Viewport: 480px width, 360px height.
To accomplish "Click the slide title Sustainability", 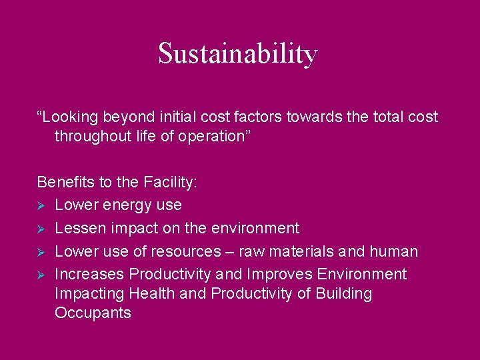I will pyautogui.click(x=238, y=54).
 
